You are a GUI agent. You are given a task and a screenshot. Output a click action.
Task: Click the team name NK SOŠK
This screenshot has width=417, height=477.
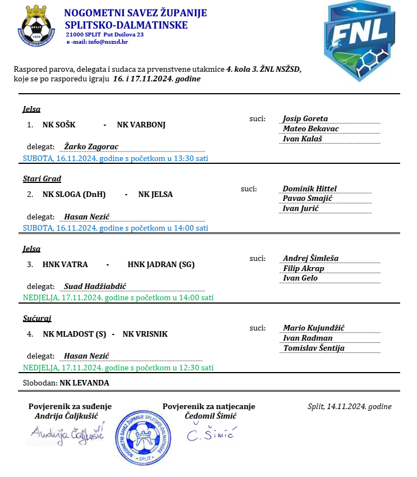coord(59,124)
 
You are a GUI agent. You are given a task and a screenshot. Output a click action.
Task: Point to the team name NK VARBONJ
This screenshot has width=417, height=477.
coord(141,124)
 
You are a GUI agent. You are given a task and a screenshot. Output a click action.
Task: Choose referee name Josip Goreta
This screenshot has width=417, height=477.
coord(305,118)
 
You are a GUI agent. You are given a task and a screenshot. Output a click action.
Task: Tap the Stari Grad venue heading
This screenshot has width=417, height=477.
coord(42,178)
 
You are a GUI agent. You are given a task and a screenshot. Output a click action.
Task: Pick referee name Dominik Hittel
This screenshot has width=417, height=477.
coord(310,189)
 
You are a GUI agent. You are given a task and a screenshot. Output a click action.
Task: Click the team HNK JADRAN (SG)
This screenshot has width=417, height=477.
coord(161,264)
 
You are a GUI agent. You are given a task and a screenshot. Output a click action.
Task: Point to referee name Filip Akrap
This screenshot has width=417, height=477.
coord(304,268)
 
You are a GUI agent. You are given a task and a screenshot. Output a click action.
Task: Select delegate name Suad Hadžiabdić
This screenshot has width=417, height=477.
coord(95,286)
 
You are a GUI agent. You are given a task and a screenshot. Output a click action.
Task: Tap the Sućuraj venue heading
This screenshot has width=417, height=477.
coord(36,318)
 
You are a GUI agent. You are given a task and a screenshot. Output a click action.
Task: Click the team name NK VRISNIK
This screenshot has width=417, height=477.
coord(145,334)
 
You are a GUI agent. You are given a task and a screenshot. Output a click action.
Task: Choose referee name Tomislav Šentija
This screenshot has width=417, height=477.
coord(314,348)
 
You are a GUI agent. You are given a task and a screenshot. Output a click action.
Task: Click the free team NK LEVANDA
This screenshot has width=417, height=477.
coord(84,383)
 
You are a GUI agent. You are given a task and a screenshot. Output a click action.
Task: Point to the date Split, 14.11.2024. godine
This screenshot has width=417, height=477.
coord(350,407)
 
